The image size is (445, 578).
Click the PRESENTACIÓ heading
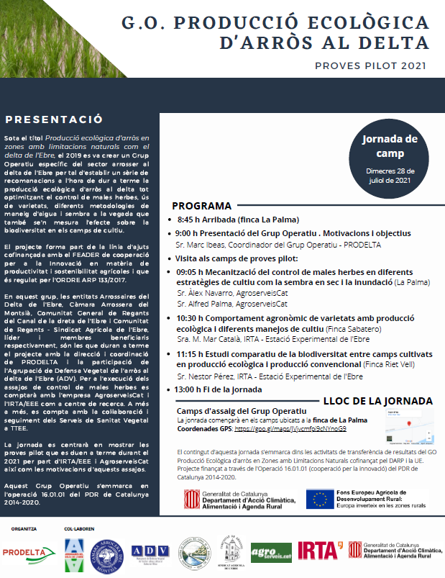coord(54,119)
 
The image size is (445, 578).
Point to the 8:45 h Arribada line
coord(237,220)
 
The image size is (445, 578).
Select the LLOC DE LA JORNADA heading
coord(378,401)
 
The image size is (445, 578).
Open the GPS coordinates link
coord(290,428)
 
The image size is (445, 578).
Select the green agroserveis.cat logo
coord(271,553)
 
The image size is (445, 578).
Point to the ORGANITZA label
coord(23,529)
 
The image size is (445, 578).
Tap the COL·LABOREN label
coord(78,529)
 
